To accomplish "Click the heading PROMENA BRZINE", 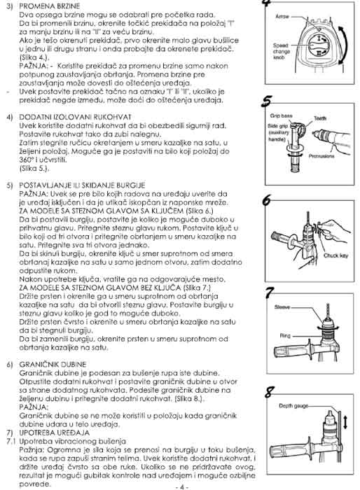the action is [x=50, y=6].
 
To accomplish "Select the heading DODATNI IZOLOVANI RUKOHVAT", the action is [x=75, y=117].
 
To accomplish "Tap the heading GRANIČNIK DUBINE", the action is [x=53, y=365].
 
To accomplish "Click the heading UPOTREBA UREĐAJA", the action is [x=54, y=433].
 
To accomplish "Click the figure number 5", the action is [x=266, y=101].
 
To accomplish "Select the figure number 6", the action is [x=267, y=200].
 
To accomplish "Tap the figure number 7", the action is [x=269, y=293].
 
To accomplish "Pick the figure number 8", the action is [x=269, y=392].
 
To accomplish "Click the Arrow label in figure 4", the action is [x=282, y=16].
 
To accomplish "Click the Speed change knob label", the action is [x=282, y=52].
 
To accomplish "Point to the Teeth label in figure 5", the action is [x=320, y=118].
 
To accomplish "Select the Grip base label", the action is [x=281, y=116].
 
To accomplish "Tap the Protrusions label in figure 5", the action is [x=321, y=156].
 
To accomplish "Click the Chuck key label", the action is [x=335, y=255].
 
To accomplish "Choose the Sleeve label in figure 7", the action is [x=282, y=307].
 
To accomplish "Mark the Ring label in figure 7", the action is [x=285, y=336].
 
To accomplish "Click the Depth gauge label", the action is [x=293, y=406].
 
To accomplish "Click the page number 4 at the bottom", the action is [x=181, y=487].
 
